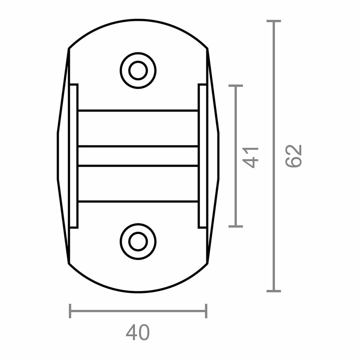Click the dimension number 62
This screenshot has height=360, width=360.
coord(293,156)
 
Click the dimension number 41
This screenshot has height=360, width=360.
coord(251,157)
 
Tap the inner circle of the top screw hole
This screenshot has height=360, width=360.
coord(138,70)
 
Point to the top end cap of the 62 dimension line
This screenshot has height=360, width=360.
coord(274,21)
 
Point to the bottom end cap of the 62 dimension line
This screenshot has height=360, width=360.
coord(274,291)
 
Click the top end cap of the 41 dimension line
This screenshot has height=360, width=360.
coord(235,86)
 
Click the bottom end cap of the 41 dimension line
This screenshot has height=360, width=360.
coord(235,226)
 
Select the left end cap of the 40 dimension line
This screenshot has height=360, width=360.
coord(70,311)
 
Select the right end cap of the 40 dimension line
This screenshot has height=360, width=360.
coord(206,311)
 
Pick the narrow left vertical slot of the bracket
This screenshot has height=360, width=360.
coord(74,156)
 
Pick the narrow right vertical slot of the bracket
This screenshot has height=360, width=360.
coord(202,156)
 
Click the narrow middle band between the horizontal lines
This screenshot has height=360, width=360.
coord(138,156)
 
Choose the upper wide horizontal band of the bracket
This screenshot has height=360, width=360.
coord(138,128)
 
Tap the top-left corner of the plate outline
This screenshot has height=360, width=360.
coord(69,48)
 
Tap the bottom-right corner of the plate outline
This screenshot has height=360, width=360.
coord(207,264)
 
